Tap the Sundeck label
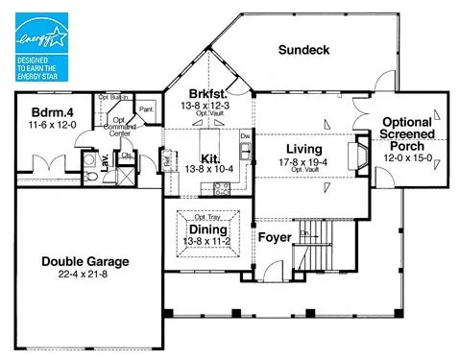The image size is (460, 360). (x=303, y=49)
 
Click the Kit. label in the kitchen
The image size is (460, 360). (x=210, y=157)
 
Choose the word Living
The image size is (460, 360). (x=302, y=149)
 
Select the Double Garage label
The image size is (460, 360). (x=85, y=262)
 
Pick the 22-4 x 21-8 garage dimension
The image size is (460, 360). (x=85, y=275)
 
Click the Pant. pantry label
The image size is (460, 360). (x=147, y=110)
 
